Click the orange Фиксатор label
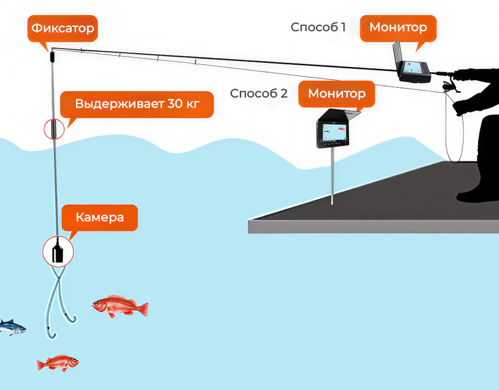[62, 28]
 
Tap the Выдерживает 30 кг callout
[137, 104]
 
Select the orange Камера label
[99, 217]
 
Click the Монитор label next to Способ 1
[398, 27]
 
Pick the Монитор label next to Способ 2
[336, 93]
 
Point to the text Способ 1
[318, 27]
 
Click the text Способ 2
[259, 93]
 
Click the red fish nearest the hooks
[120, 306]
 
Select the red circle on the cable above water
[54, 129]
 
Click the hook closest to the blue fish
[51, 334]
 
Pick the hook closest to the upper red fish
[72, 319]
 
